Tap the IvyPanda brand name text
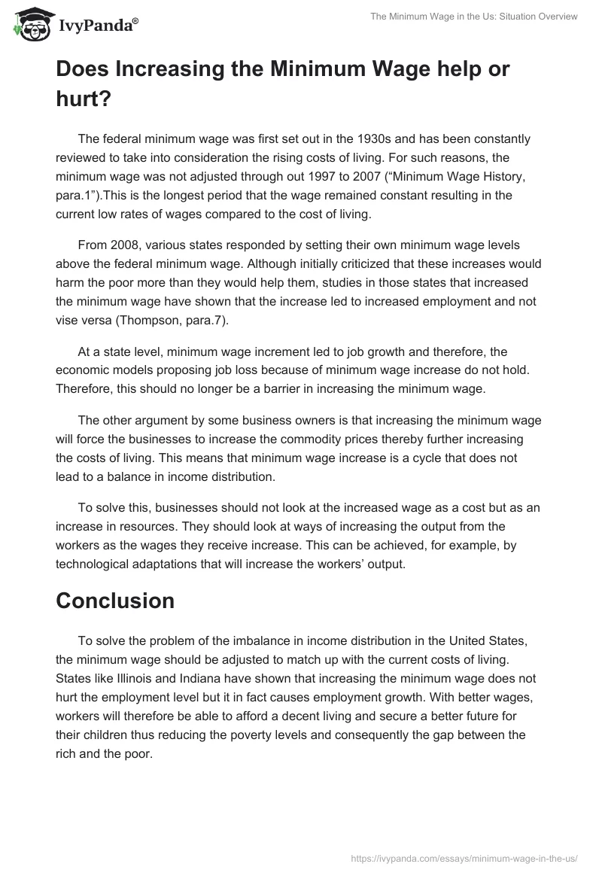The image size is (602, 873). [x=96, y=26]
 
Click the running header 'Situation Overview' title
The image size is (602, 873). [x=474, y=17]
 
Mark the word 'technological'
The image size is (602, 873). [x=93, y=564]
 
